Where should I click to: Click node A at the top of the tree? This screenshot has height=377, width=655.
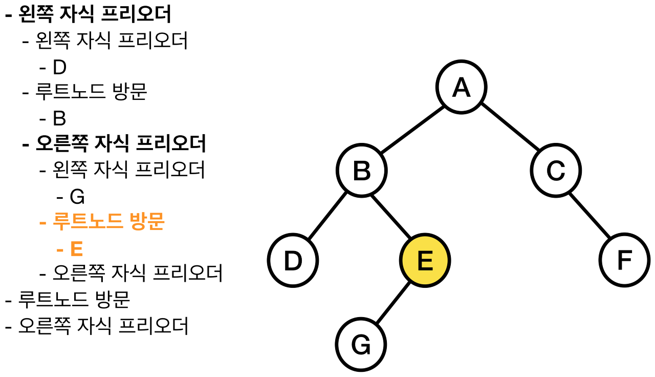pos(462,88)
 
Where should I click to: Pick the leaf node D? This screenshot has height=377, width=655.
pos(293,261)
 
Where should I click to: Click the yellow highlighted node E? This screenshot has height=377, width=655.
pos(425,261)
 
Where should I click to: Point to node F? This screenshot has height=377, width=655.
pos(624,261)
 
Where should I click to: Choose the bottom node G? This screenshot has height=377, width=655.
pos(361,345)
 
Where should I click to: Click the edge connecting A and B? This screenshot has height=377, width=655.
pos(411,130)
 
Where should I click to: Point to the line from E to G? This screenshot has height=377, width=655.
pos(393,303)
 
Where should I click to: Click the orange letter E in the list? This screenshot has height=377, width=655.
pos(76,249)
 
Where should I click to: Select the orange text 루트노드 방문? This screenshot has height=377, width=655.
pos(108,223)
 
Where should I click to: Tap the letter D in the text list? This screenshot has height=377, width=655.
pos(59,68)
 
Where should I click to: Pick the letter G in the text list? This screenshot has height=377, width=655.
pos(77,197)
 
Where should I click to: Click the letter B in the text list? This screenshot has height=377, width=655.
pos(59,119)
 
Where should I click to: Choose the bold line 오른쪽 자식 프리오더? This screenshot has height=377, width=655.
pos(121,144)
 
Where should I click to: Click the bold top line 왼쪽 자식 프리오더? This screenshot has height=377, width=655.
pos(95,14)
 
